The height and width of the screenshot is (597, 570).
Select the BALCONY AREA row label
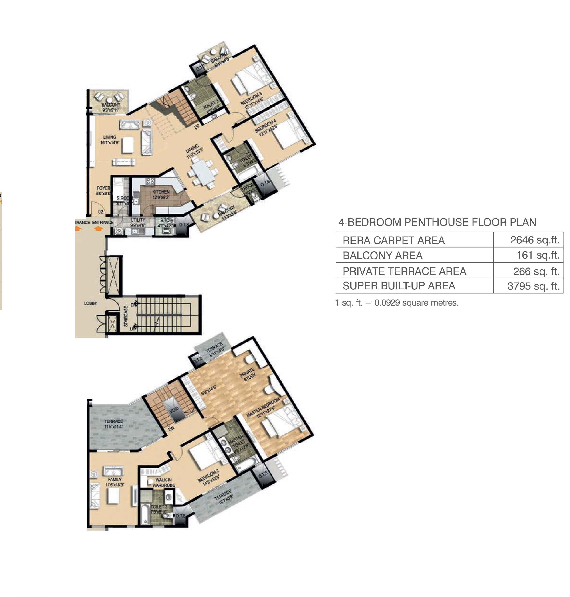[x=382, y=255]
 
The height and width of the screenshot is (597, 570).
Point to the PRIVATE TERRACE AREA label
[x=404, y=271]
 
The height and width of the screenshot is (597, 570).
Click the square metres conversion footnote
[x=397, y=303]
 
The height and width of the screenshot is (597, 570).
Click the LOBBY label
[x=90, y=303]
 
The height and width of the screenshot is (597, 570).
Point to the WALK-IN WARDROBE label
[x=163, y=482]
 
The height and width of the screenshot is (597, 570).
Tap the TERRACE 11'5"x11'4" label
[x=113, y=424]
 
